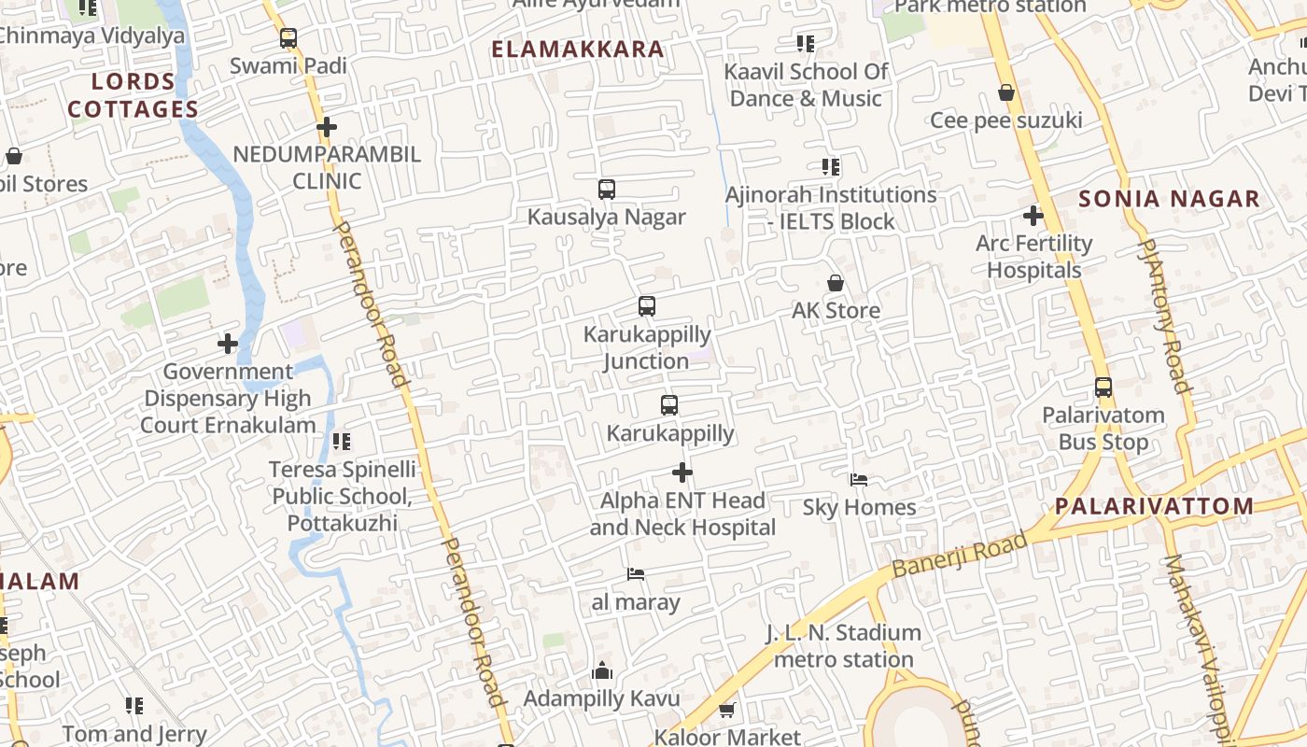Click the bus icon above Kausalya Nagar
click(607, 190)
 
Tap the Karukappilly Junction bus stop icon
click(646, 306)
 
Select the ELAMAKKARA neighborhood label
click(578, 49)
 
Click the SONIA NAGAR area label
click(1169, 199)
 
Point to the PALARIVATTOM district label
click(1154, 507)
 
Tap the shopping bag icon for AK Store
click(836, 283)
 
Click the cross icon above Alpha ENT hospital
click(682, 472)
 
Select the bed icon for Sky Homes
click(859, 480)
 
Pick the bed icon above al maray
click(636, 574)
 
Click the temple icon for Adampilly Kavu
click(602, 671)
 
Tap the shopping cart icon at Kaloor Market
click(727, 710)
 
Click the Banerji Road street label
click(959, 555)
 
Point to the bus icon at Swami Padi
click(288, 38)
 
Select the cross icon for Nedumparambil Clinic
click(327, 127)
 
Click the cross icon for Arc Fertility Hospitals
click(1033, 217)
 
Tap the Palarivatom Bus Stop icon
click(1103, 388)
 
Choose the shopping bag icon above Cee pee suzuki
click(1006, 92)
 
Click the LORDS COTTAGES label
click(134, 95)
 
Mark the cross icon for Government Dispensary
click(228, 344)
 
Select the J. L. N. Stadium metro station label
click(844, 646)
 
